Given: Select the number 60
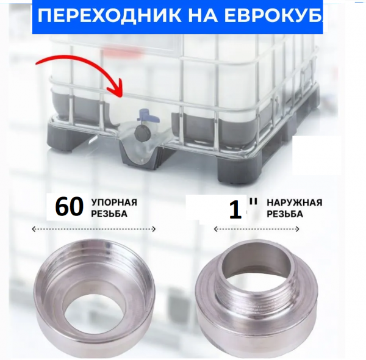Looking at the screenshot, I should [x=68, y=207].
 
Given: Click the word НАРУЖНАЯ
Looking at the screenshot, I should [x=294, y=203].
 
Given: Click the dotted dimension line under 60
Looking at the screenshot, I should [x=94, y=229].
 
